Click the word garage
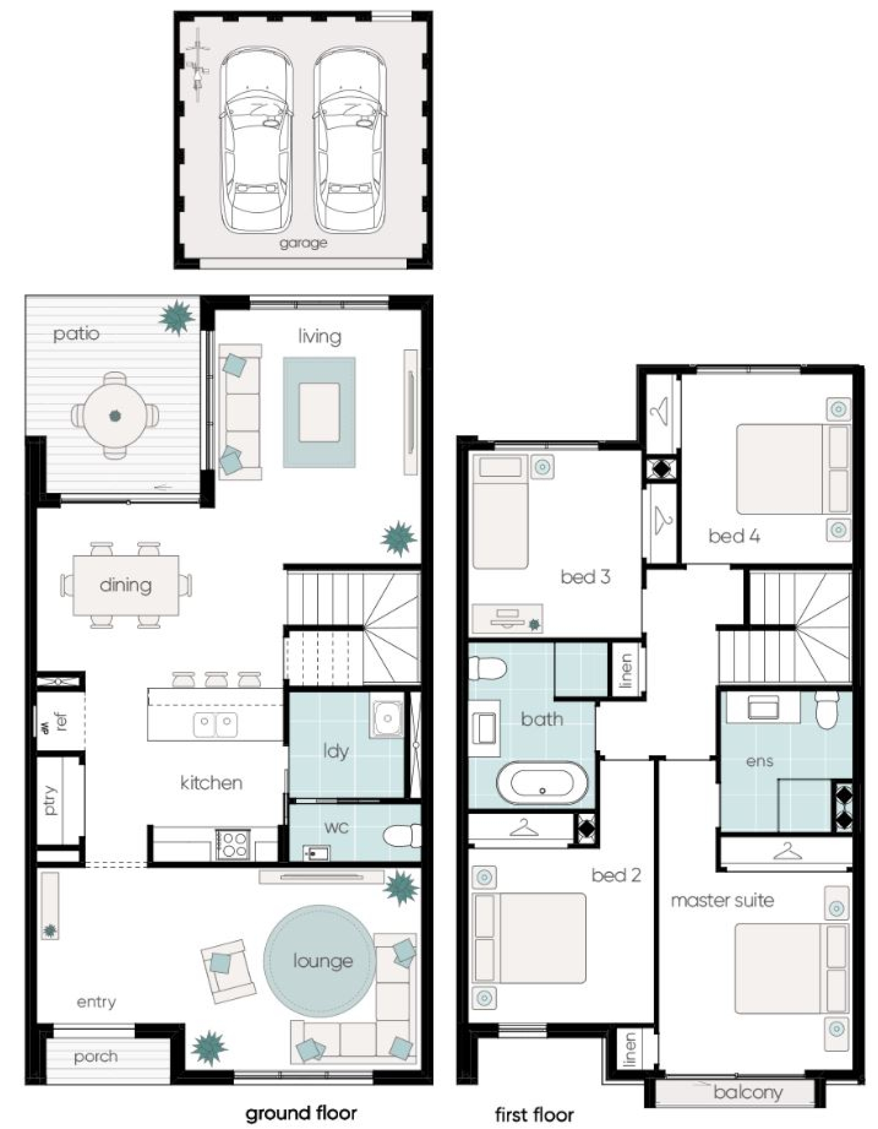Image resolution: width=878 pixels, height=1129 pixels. coord(303,243)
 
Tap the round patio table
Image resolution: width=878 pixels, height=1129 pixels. coord(115,415)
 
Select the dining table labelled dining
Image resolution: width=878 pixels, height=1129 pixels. coord(126,585)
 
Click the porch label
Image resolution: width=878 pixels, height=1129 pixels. coord(96,1057)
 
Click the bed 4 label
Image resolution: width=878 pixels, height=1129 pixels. coord(734,536)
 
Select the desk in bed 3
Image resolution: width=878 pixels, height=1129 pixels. coord(507,618)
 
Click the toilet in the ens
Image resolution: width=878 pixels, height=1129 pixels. coord(827,710)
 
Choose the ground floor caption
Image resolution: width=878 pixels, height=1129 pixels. coord(300,1113)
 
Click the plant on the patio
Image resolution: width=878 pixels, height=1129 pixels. coord(177,317)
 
